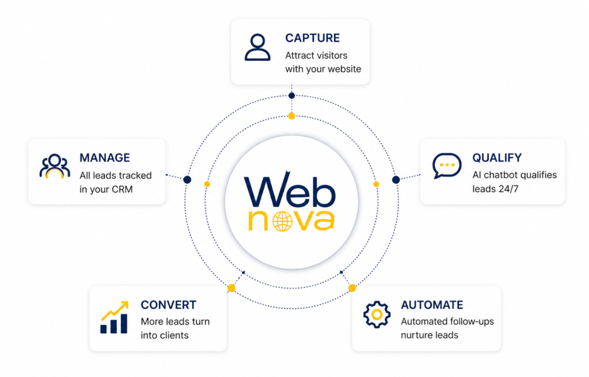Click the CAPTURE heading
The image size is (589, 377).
click(x=312, y=38)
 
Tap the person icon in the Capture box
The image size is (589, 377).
click(x=257, y=48)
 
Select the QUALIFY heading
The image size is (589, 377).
click(x=497, y=158)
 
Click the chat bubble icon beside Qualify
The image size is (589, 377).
click(x=447, y=166)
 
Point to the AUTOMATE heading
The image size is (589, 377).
click(x=432, y=305)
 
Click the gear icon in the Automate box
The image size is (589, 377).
click(x=377, y=314)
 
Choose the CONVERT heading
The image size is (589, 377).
click(x=169, y=305)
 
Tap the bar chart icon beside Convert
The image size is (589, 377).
click(x=114, y=318)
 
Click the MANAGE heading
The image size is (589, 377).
click(x=105, y=158)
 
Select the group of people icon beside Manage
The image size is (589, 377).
click(x=55, y=166)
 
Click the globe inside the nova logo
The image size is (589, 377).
click(x=282, y=220)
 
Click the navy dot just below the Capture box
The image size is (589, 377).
click(x=292, y=96)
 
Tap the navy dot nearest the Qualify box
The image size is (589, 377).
click(x=396, y=180)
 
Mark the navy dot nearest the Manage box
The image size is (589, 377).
click(x=187, y=180)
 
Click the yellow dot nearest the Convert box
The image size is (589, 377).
click(x=231, y=288)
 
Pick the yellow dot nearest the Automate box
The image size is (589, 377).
click(x=352, y=288)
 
